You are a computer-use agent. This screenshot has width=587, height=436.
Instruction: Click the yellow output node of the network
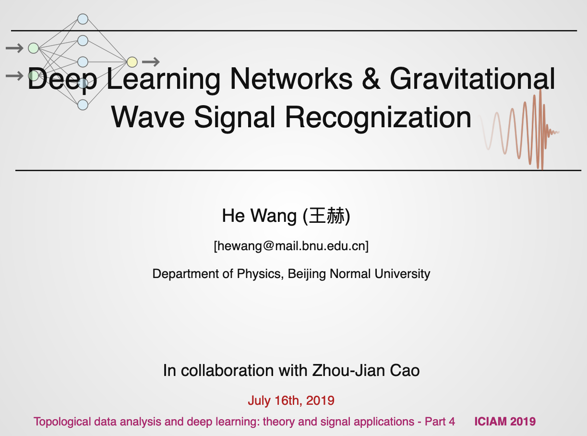tap(132, 62)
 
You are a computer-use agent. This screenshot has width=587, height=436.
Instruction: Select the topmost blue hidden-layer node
tap(83, 19)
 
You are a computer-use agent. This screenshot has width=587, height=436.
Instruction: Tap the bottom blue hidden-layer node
tap(83, 104)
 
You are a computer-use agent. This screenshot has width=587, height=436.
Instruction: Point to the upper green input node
tap(33, 48)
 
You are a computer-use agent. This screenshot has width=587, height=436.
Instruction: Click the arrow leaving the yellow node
tap(151, 61)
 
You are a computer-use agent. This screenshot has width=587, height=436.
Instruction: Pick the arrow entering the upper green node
tap(14, 48)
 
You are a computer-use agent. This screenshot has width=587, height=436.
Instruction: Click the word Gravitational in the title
tap(472, 79)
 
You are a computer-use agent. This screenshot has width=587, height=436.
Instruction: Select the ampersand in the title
tap(371, 79)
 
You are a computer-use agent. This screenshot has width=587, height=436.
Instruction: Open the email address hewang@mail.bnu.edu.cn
tap(291, 246)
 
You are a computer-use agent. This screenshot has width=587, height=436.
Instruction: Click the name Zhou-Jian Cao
tap(366, 371)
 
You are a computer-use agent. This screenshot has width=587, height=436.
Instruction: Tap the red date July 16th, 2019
tap(291, 400)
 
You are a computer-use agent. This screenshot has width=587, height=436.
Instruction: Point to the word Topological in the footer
tap(62, 422)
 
